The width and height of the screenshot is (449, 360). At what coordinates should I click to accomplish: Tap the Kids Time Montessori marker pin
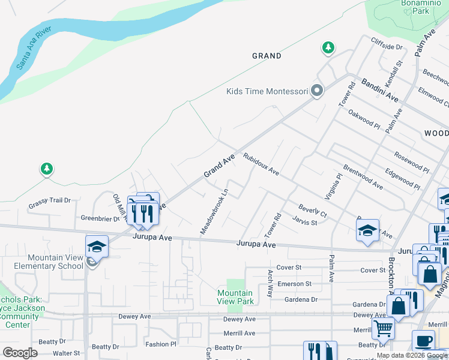point(317,91)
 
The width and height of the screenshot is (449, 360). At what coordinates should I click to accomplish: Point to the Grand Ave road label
point(218,166)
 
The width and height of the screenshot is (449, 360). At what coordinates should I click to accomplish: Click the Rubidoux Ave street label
point(261,164)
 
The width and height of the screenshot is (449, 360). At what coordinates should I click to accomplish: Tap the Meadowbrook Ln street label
point(214,212)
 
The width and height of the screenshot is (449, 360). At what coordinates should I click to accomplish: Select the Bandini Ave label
point(380,88)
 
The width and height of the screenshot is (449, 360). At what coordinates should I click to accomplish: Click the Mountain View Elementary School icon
point(97,246)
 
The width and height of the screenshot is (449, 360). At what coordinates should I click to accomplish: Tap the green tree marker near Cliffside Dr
point(328,47)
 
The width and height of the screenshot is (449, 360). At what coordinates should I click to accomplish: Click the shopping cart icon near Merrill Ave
point(383,328)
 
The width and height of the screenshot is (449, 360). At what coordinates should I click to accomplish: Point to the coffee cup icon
point(423,340)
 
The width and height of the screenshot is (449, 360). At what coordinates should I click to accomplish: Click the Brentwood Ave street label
point(363,177)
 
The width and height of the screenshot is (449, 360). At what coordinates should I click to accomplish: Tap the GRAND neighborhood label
point(267,56)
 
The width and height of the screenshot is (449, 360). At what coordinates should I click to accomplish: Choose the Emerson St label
point(294,284)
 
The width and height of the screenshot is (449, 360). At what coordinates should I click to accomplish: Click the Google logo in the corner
point(20,353)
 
